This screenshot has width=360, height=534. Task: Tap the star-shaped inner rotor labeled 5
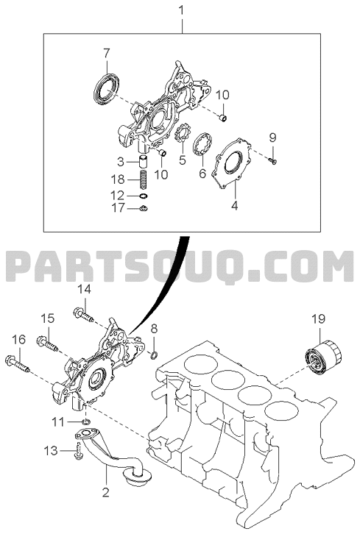182,135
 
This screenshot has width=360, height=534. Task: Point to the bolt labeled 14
83,314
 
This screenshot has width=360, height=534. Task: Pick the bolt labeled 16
18,363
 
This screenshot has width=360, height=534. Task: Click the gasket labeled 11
86,422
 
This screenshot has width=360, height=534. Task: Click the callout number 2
106,493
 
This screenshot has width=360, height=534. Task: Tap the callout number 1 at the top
181,10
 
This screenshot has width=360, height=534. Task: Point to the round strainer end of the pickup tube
138,477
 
